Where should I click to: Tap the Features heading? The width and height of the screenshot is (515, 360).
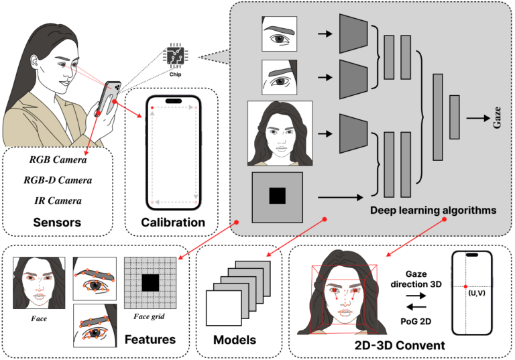(151, 340)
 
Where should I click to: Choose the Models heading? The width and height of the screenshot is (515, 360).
(234, 341)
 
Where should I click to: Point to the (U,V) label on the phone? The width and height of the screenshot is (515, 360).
(477, 294)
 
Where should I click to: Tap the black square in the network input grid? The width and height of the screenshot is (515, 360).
(277, 196)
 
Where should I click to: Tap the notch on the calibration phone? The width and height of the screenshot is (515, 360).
(174, 101)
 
